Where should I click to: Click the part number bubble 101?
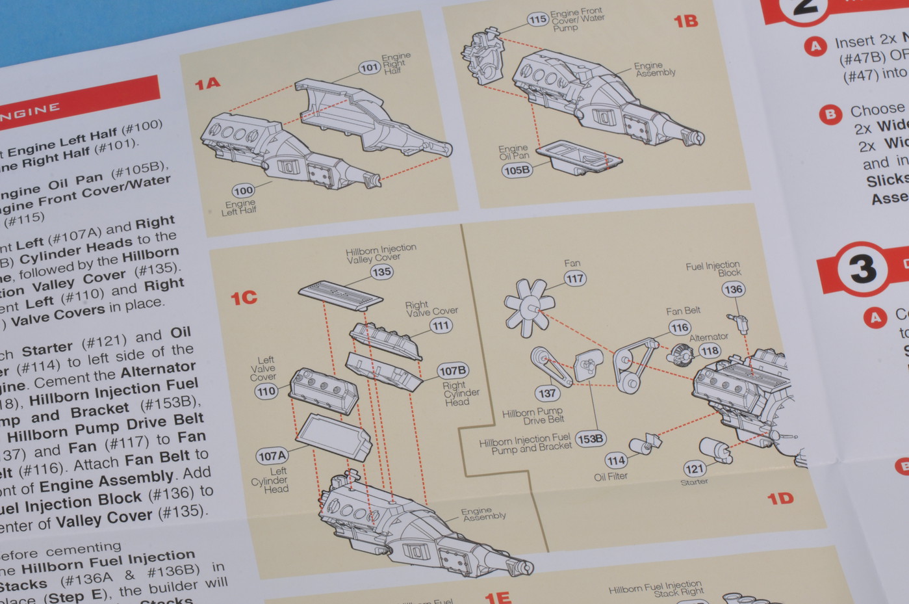[369, 67]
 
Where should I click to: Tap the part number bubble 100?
[243, 190]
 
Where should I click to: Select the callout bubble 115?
[537, 20]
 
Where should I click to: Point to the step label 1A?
[207, 84]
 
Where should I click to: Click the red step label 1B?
[685, 21]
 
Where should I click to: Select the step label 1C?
[244, 298]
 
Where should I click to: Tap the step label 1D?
[780, 499]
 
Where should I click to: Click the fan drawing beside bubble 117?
[529, 307]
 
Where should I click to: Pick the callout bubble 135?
[381, 272]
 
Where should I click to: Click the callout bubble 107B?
[453, 371]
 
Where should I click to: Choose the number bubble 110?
[266, 391]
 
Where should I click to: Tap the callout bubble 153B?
[590, 439]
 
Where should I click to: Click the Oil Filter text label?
[611, 477]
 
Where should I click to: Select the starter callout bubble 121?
[694, 469]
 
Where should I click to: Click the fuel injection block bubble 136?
[733, 289]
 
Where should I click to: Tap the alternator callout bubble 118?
[710, 351]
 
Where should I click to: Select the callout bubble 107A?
[272, 456]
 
